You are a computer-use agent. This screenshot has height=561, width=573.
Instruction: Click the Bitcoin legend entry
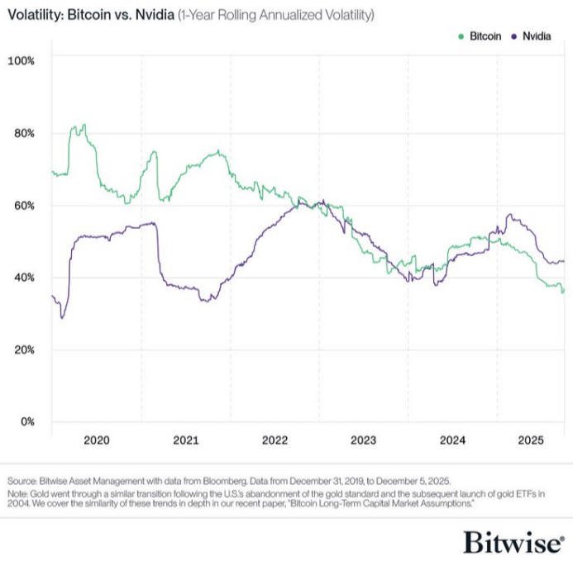[485, 36]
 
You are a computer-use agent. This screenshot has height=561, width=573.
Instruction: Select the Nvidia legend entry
[537, 36]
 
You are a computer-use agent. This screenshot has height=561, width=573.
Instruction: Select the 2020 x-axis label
[97, 440]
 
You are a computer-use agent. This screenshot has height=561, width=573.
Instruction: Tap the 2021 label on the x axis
[186, 440]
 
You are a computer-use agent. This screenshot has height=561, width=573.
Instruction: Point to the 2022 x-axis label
[275, 440]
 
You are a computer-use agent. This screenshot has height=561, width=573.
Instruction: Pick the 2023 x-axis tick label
[363, 440]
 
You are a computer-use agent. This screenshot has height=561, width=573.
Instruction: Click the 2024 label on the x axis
[452, 440]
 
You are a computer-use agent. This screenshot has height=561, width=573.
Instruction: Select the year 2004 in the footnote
[18, 503]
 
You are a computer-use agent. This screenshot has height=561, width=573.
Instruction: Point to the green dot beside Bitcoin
[461, 36]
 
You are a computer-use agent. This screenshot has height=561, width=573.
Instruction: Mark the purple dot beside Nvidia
[515, 36]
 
